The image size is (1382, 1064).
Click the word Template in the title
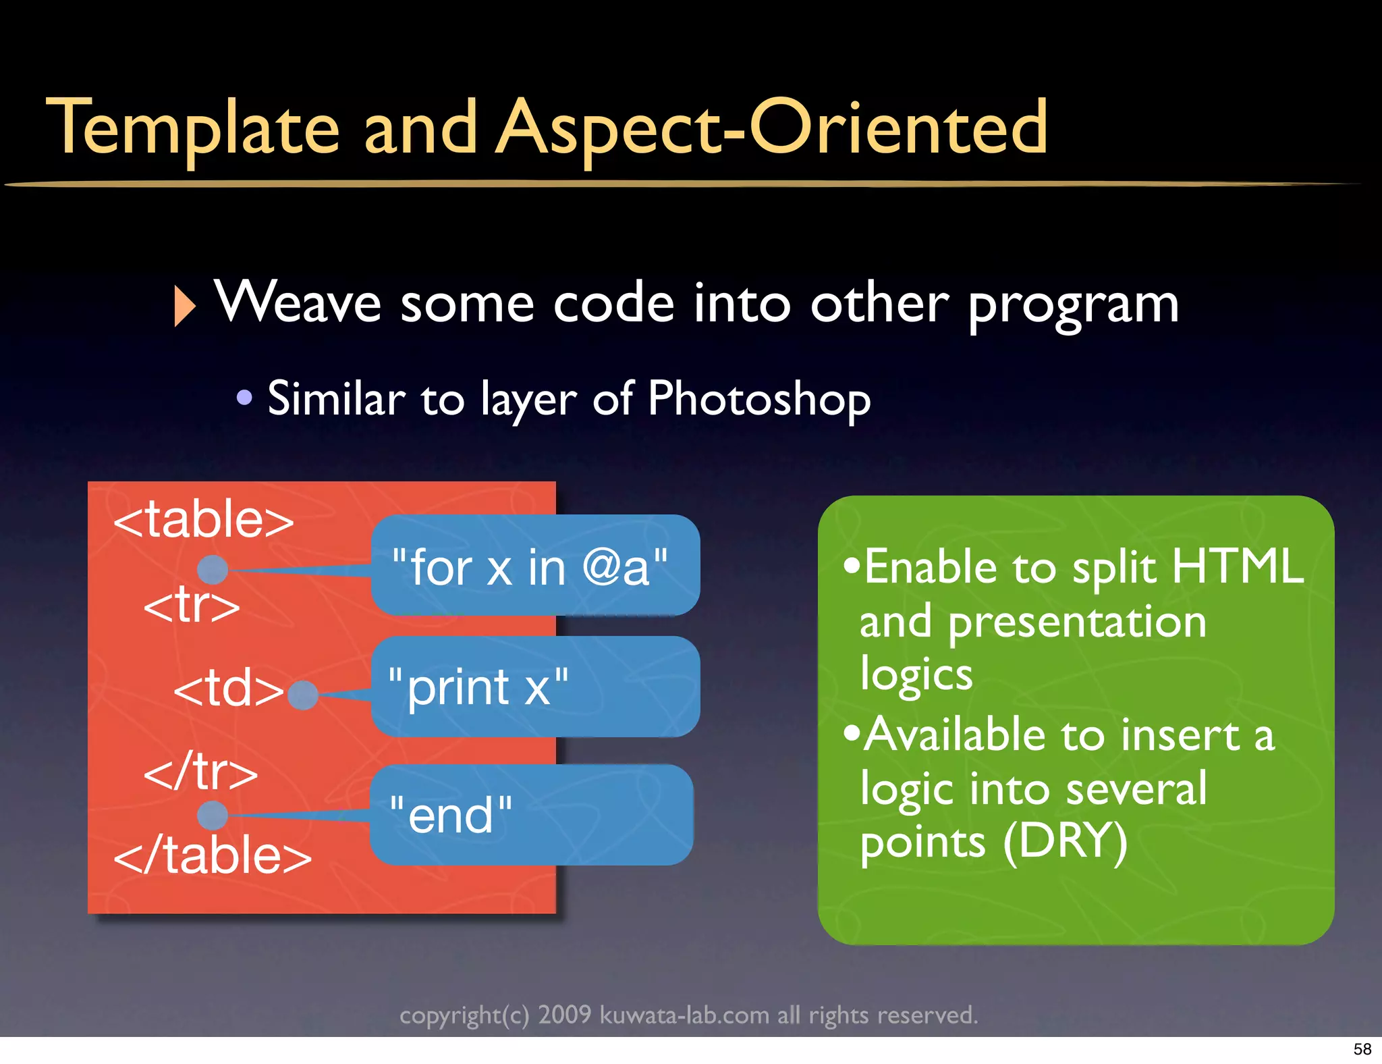tap(192, 128)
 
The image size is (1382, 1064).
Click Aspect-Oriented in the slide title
tap(771, 128)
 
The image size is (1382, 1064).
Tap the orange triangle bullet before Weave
tap(184, 306)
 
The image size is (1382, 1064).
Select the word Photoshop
tap(759, 399)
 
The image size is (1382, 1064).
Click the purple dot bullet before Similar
tap(244, 398)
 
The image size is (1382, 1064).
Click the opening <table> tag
tap(204, 521)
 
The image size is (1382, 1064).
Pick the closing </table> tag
tap(213, 855)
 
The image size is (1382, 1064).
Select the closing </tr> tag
tap(200, 772)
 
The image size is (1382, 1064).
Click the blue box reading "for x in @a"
tap(534, 566)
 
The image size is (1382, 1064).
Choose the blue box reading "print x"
tap(534, 687)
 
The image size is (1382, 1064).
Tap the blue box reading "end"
tap(531, 815)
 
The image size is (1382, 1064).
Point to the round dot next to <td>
tap(303, 695)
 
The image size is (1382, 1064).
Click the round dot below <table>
tap(213, 570)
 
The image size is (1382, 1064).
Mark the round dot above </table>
tap(213, 815)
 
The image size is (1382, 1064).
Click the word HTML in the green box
tap(1238, 566)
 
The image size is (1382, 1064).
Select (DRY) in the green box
tap(1065, 842)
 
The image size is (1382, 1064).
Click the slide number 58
tap(1362, 1049)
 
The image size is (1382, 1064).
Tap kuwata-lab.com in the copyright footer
tap(684, 1015)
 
